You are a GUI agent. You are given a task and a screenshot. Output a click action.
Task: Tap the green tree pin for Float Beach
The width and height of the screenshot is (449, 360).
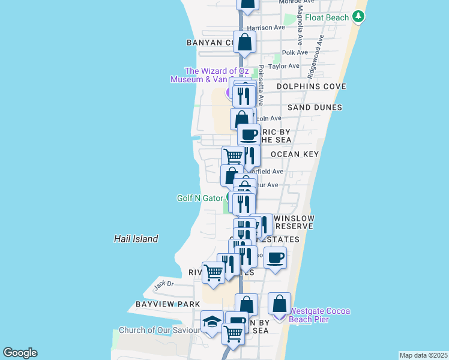click(358, 17)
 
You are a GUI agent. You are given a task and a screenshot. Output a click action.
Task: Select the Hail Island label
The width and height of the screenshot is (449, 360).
click(136, 239)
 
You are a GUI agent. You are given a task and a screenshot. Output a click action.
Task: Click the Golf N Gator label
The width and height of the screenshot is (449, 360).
click(200, 198)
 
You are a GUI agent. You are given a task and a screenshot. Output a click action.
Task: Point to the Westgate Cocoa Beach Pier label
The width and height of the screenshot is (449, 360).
click(320, 315)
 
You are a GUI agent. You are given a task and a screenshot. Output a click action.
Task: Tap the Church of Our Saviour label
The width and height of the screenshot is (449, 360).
click(159, 330)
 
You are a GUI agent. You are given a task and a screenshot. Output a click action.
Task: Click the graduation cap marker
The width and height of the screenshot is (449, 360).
click(212, 323)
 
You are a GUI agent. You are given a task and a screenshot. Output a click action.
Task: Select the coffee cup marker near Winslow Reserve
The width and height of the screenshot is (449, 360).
click(275, 258)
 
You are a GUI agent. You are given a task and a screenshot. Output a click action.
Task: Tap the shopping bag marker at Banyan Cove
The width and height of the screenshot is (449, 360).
click(244, 42)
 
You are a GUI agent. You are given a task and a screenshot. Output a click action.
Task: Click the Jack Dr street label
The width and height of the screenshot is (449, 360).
click(163, 284)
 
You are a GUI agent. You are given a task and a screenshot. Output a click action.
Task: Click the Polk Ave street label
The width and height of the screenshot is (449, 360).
click(295, 53)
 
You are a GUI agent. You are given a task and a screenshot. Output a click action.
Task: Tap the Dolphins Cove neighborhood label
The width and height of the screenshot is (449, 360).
click(312, 86)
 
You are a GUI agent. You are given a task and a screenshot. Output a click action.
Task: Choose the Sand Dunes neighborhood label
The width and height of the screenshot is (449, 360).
click(315, 107)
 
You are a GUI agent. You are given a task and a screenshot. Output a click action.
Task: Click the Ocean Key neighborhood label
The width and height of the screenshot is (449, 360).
click(294, 154)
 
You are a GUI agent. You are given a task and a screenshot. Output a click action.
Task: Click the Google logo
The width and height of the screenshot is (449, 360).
click(20, 353)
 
